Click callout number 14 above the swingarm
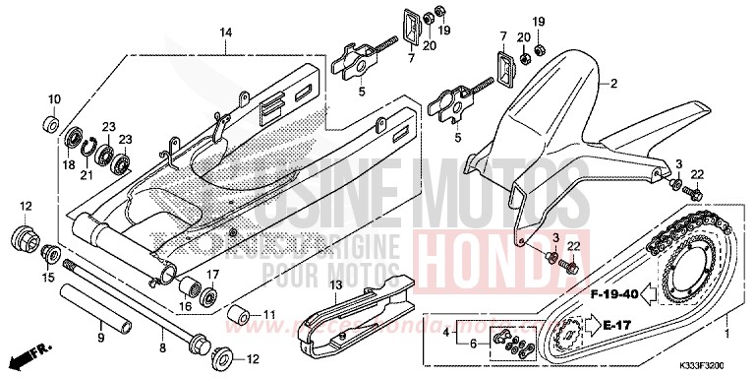[x=225, y=33]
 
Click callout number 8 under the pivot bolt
[x=163, y=346]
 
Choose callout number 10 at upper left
[x=55, y=99]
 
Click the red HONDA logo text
[x=482, y=261]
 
